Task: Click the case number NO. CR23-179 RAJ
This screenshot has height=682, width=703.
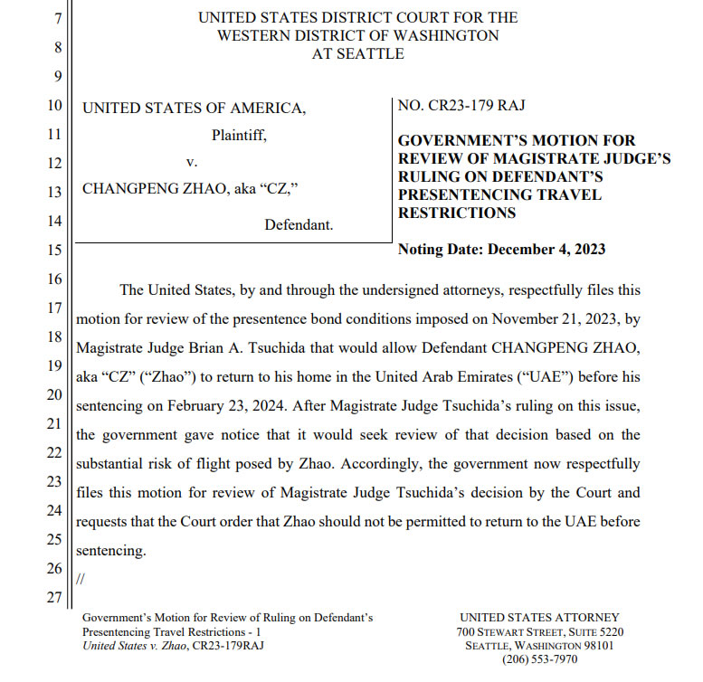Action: (x=461, y=107)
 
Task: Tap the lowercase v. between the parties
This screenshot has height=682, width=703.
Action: (x=191, y=163)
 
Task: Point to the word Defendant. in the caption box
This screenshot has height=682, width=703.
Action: (x=299, y=225)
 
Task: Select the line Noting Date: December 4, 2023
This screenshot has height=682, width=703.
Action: (x=501, y=249)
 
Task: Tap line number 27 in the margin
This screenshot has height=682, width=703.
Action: (x=54, y=597)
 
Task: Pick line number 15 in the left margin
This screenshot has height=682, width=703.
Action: (x=54, y=250)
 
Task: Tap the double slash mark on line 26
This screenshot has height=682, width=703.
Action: (x=81, y=579)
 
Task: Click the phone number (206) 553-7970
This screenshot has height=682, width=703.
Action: (x=540, y=659)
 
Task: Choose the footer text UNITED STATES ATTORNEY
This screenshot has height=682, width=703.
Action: (x=539, y=618)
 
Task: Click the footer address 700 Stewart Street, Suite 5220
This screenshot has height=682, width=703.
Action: (x=540, y=631)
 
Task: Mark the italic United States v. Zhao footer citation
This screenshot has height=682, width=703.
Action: (x=135, y=645)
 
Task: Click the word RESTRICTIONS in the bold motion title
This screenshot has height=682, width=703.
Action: (x=457, y=213)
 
